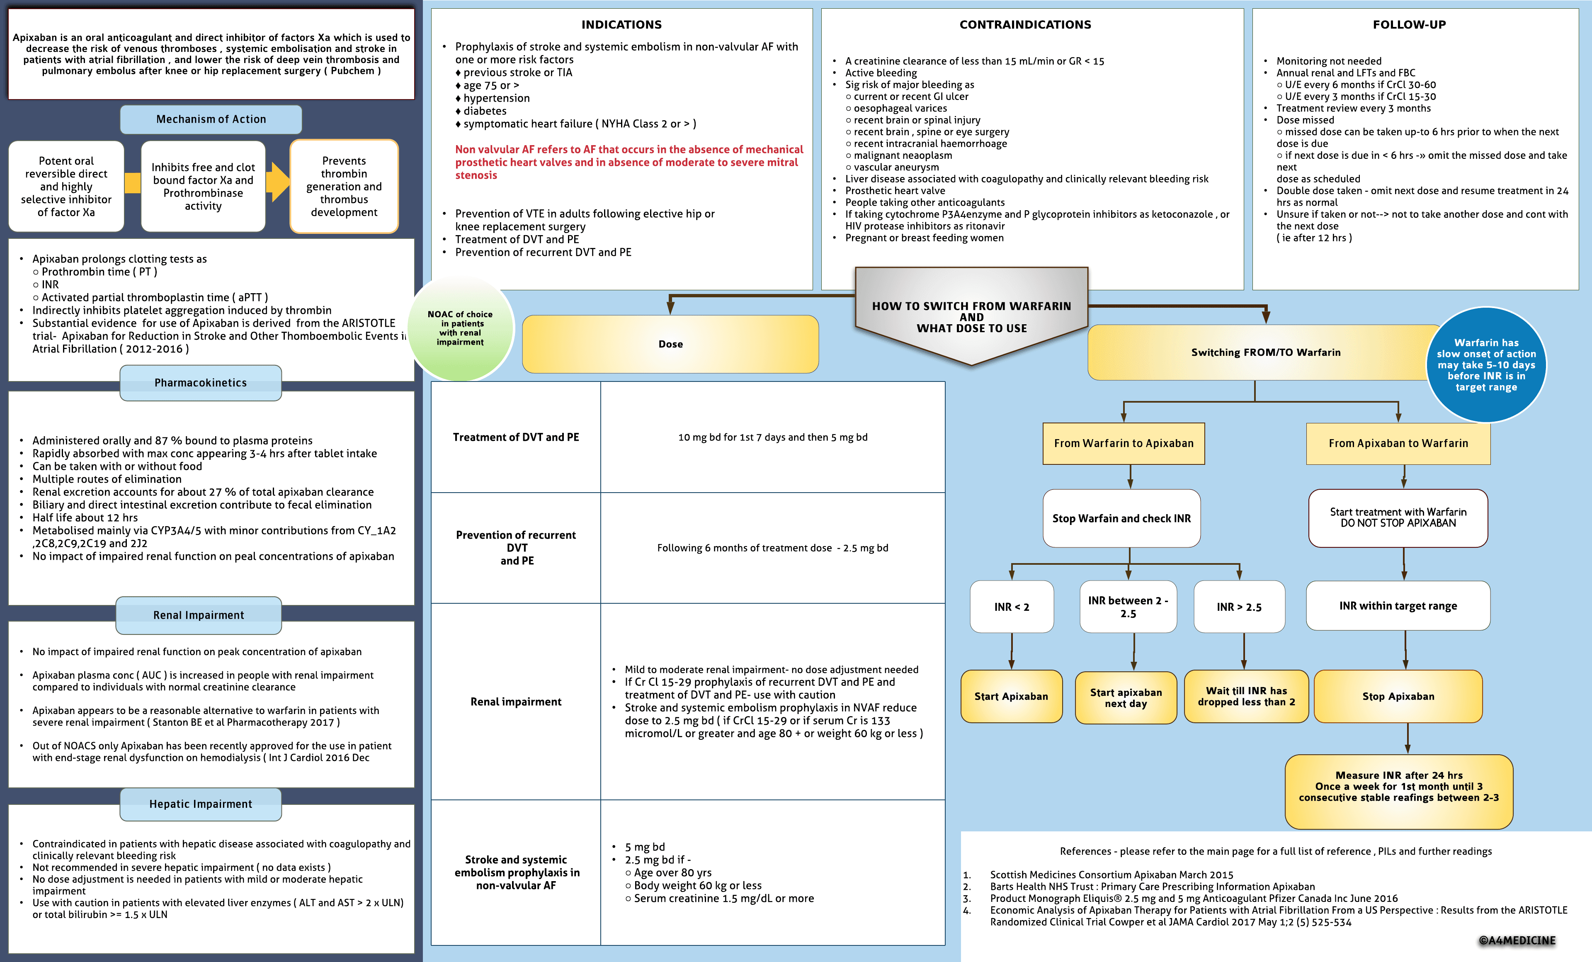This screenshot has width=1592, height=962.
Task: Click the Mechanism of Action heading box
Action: pos(211,119)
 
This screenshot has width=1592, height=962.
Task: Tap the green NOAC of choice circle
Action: pos(460,328)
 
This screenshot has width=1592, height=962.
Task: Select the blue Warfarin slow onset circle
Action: pos(1486,365)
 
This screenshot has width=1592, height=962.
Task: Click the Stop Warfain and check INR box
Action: pos(1121,518)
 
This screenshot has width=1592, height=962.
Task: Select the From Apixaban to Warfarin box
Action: pos(1398,444)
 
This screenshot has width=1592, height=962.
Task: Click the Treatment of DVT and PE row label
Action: pos(516,437)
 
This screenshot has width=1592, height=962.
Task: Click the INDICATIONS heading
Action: pos(621,24)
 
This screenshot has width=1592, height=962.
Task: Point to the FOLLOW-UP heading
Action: pos(1409,24)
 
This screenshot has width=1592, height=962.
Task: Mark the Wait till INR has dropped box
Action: pos(1246,697)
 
